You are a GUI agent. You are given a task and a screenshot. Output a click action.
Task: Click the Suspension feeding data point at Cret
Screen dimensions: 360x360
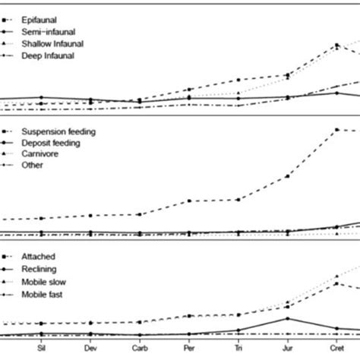click(x=336, y=130)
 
